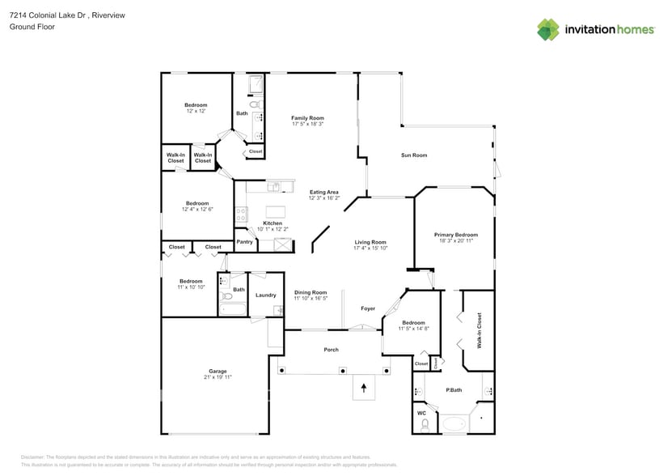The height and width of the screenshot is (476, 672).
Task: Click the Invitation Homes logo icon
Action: [x=548, y=29]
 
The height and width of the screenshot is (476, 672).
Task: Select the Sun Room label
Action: [x=414, y=155]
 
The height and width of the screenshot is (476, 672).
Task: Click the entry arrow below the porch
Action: [x=363, y=389]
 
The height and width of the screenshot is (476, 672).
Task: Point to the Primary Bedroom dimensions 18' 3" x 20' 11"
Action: [x=455, y=240]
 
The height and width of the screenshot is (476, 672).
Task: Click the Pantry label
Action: [x=244, y=242]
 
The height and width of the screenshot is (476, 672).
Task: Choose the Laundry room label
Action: [x=266, y=295]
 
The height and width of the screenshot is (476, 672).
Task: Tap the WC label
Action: [x=421, y=413]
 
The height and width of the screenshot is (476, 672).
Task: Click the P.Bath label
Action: [x=454, y=390]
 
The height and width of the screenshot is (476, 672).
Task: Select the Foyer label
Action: [x=368, y=308]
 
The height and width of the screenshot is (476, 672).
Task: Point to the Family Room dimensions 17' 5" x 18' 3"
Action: [x=307, y=124]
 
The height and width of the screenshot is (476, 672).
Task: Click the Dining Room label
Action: [x=310, y=292]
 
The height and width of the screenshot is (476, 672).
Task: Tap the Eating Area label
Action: [x=324, y=192]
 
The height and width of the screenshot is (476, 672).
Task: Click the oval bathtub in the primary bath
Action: [x=454, y=423]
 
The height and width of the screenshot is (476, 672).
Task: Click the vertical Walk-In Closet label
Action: [x=479, y=330]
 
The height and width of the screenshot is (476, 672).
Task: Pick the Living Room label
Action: [x=370, y=242]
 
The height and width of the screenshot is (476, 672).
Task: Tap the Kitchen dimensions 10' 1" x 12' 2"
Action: [x=273, y=229]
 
